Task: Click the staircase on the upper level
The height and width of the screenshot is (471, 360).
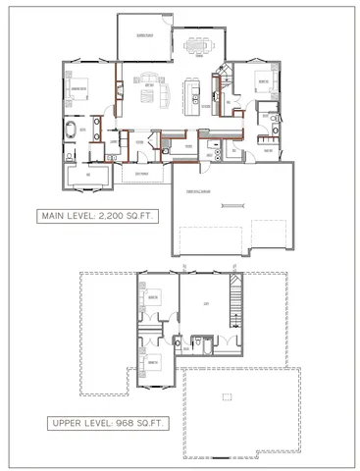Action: tap(233, 299)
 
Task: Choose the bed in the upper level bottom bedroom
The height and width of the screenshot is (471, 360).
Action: tap(154, 361)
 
